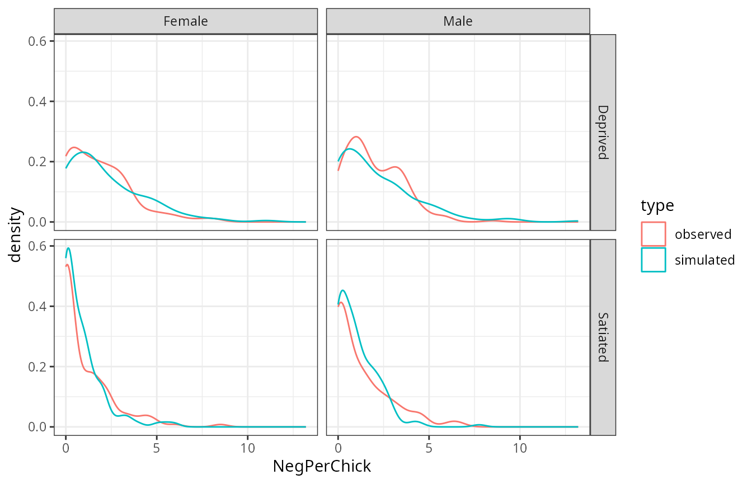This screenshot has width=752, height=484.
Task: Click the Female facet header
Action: click(x=185, y=22)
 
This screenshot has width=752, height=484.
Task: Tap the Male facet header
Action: click(x=458, y=22)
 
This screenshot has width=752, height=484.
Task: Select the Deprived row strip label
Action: click(x=603, y=132)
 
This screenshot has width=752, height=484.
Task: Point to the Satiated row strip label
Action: click(x=603, y=337)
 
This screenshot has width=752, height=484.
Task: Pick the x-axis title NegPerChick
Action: click(x=322, y=466)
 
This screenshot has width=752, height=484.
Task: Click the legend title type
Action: click(x=657, y=206)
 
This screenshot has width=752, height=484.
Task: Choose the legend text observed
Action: click(x=703, y=234)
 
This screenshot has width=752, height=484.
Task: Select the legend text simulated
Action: click(x=705, y=260)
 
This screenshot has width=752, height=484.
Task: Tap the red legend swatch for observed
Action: click(x=654, y=234)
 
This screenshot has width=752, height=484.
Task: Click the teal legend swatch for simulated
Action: click(x=654, y=260)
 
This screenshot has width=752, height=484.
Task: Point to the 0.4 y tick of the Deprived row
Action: click(x=39, y=102)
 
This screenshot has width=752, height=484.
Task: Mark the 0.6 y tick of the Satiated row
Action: click(x=39, y=246)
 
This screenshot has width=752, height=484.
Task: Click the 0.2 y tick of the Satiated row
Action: click(x=39, y=367)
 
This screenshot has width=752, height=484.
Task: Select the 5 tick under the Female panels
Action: click(x=157, y=449)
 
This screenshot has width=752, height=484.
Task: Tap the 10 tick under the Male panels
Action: click(x=520, y=449)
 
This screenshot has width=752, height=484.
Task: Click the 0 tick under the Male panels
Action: click(x=338, y=449)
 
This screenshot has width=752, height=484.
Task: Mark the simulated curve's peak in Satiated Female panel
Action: click(x=68, y=248)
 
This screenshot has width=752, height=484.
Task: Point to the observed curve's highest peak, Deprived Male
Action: click(x=356, y=137)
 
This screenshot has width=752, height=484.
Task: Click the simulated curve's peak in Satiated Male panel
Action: click(x=343, y=290)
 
